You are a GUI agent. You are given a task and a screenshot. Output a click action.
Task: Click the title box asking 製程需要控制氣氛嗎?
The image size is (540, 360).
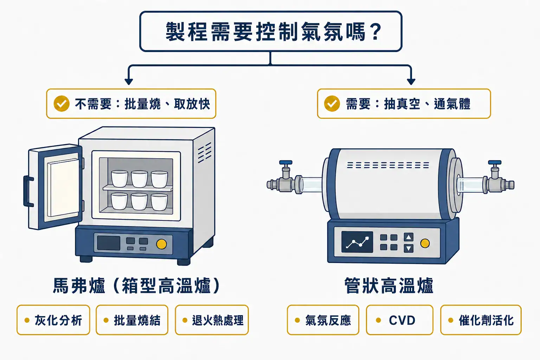tap(271, 31)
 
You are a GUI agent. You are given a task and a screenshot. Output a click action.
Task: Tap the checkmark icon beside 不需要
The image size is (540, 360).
tap(62, 104)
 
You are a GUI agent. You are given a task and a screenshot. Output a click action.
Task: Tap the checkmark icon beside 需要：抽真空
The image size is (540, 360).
tap(332, 104)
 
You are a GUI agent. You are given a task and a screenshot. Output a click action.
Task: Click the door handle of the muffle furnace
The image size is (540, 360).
tap(27, 191)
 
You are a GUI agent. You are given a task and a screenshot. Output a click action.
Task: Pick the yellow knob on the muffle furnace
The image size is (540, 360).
tap(161, 244)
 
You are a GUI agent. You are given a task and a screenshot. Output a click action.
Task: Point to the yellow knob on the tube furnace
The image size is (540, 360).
tap(425, 243)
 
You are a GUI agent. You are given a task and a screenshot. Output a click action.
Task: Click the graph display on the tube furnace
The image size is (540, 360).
tap(357, 242)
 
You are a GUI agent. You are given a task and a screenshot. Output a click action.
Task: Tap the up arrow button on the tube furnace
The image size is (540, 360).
tap(409, 237)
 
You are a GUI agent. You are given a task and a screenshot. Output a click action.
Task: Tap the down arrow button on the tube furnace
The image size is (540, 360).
tap(409, 248)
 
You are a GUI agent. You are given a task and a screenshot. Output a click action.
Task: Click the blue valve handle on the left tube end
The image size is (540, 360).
tap(286, 162)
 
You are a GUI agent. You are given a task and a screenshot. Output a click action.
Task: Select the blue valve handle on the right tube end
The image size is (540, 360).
tap(495, 162)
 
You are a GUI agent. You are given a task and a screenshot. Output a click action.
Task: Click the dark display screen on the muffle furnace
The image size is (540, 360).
tap(109, 243)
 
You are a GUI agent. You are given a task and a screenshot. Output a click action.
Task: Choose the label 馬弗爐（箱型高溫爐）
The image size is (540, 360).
tap(136, 285)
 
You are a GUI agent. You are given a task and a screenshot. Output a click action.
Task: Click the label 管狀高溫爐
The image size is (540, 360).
tap(389, 285)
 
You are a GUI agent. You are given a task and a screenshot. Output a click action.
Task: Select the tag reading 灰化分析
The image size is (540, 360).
tap(53, 320)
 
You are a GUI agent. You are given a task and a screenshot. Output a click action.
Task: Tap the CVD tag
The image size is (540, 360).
tap(399, 320)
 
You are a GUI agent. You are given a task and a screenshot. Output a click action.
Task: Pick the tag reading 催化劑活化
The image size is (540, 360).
tap(481, 320)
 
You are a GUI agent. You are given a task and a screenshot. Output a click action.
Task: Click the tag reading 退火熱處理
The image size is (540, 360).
tap(212, 320)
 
